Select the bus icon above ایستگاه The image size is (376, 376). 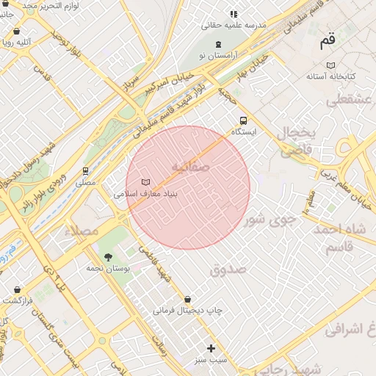[x=243, y=121]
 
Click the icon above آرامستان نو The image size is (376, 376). [x=218, y=45]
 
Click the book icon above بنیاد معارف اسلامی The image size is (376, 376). [x=145, y=182]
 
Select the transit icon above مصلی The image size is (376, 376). [x=86, y=171]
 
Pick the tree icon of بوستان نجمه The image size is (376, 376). [x=109, y=257]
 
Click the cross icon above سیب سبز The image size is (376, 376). [x=211, y=348]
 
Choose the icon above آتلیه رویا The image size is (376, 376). [x=17, y=32]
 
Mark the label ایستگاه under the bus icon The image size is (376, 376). [x=243, y=132]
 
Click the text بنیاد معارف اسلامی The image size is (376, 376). [x=147, y=195]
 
